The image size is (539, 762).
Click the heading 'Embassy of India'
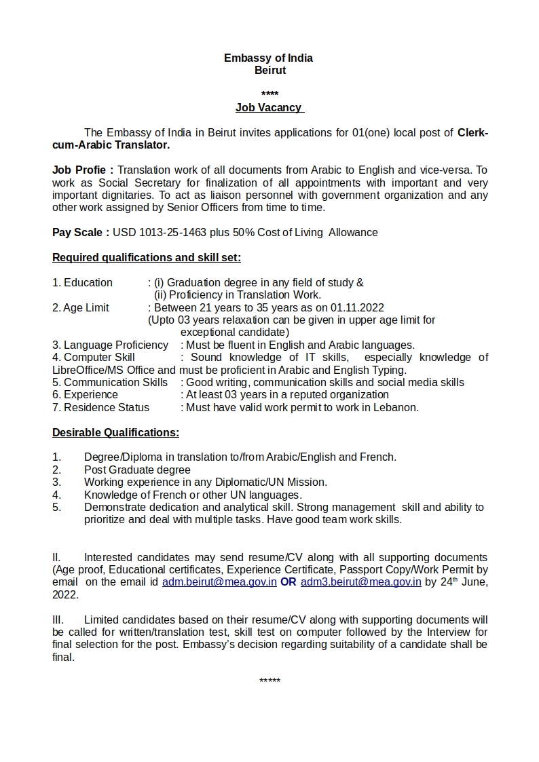coord(268,58)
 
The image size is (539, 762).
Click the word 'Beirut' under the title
coord(270,70)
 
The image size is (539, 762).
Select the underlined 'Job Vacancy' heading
coord(269,107)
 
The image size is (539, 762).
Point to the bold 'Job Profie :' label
coord(83,170)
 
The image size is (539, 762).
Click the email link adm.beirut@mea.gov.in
coord(219,582)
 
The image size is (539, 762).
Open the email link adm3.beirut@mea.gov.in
coord(361,582)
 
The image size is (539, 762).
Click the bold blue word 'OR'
coord(289,582)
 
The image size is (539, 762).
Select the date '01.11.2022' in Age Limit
coord(358,307)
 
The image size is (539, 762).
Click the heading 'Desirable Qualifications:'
coord(115,432)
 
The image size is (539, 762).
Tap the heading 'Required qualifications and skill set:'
coord(147,257)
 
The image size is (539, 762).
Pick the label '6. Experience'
coord(85,394)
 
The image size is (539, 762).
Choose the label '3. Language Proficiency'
coord(110,345)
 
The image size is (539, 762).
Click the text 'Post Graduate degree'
coord(137,470)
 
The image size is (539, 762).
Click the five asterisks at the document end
coord(269,681)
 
